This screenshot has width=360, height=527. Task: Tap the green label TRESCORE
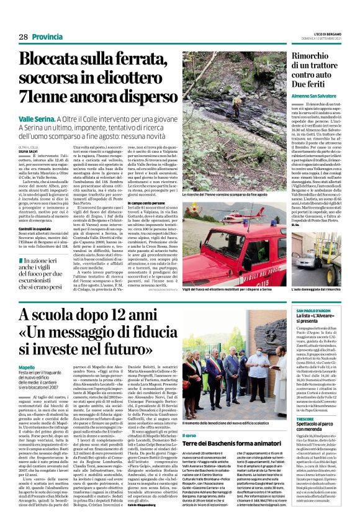305,419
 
